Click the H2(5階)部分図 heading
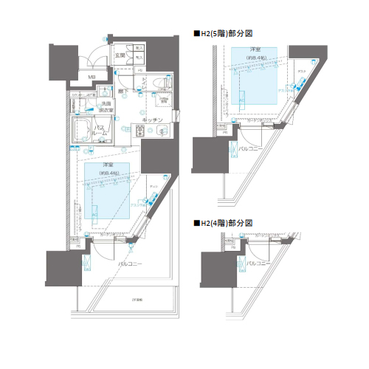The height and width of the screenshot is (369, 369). (225, 33)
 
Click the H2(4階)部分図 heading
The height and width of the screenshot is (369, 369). (225, 222)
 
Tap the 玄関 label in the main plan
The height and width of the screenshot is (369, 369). (120, 55)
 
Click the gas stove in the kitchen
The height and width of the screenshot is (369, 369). (140, 131)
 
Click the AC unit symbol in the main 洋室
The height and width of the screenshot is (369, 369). (96, 212)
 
